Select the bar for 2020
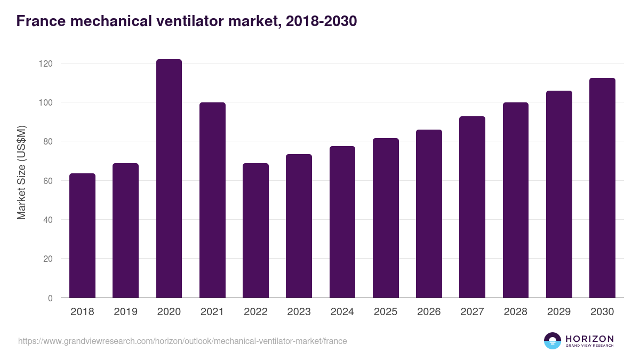tap(169, 179)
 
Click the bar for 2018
tap(82, 236)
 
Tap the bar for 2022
tap(255, 230)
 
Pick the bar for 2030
tap(602, 188)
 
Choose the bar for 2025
tap(386, 218)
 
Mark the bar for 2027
tap(472, 207)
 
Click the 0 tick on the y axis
tap(50, 298)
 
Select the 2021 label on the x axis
tap(212, 312)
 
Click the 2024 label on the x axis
tap(342, 312)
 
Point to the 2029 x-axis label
tap(559, 312)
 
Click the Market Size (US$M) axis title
tap(21, 172)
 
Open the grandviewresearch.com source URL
tap(182, 341)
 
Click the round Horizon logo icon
tap(553, 341)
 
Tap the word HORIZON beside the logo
tap(589, 338)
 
